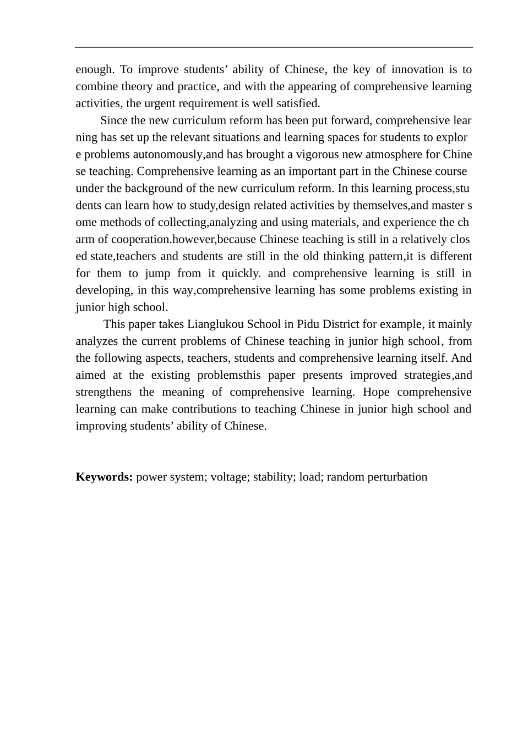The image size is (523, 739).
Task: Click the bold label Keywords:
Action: (x=104, y=477)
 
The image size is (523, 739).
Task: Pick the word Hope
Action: (x=377, y=392)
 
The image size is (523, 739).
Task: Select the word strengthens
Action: (x=103, y=392)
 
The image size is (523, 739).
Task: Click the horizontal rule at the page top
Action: (x=274, y=47)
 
